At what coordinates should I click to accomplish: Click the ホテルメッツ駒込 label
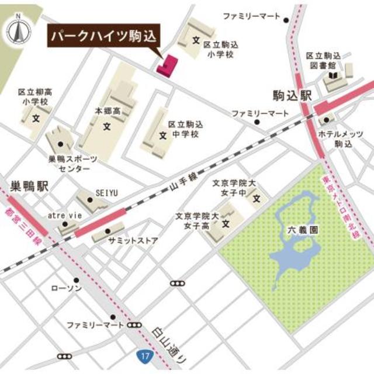(342, 138)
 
